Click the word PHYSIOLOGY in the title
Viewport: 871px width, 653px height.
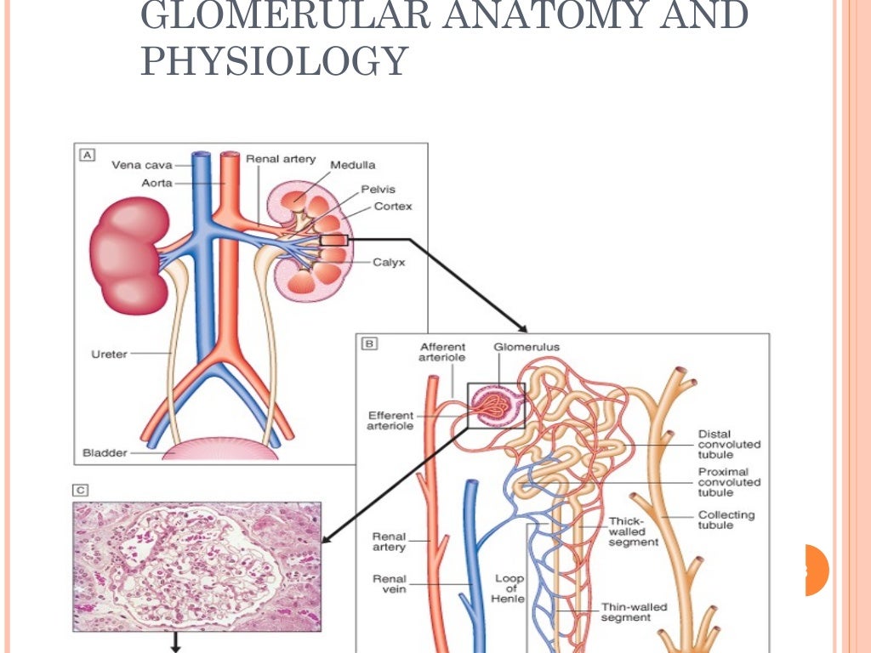tap(274, 61)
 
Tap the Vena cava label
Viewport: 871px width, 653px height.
tap(142, 165)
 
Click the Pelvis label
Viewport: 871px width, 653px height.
tap(378, 189)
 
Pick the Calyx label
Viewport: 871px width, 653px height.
tap(389, 262)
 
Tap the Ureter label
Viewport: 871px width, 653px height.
tap(108, 354)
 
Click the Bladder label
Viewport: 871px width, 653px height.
tap(105, 453)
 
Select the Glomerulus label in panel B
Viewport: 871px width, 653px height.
tap(527, 347)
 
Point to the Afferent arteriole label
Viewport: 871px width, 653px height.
tap(441, 352)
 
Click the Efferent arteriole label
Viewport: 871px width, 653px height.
tap(390, 420)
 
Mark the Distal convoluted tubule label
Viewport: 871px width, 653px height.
tap(729, 444)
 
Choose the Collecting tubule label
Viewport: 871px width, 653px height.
tap(726, 520)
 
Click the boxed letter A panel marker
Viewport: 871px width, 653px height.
tap(87, 156)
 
